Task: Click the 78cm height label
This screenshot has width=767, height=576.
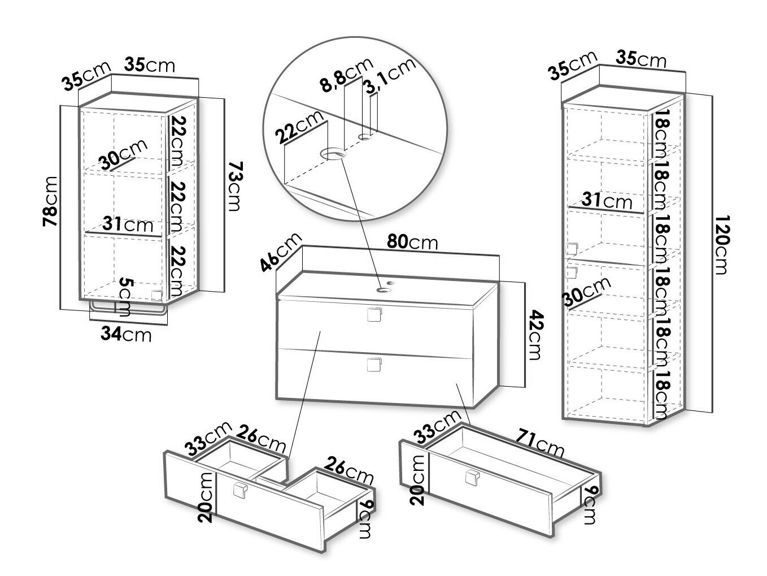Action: click(50, 201)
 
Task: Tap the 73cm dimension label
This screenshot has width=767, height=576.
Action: click(234, 186)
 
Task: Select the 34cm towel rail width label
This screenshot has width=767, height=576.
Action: click(126, 334)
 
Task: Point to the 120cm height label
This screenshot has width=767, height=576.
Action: click(722, 245)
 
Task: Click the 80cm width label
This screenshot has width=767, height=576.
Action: click(412, 242)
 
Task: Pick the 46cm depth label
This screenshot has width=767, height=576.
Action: click(281, 252)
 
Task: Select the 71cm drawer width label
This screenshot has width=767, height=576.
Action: click(539, 444)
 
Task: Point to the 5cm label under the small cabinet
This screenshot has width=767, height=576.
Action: click(125, 297)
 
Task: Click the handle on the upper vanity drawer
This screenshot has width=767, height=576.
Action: click(374, 314)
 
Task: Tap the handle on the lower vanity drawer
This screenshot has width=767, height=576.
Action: click(374, 365)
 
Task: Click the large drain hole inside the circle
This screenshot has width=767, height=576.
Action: click(332, 153)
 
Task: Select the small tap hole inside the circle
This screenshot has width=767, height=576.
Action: click(365, 137)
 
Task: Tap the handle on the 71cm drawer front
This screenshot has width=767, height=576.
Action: click(472, 478)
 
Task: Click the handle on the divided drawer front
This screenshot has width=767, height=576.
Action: click(240, 490)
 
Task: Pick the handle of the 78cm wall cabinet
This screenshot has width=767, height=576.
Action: click(157, 295)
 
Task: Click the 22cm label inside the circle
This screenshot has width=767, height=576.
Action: click(299, 127)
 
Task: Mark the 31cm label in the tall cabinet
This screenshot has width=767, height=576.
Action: click(607, 201)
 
